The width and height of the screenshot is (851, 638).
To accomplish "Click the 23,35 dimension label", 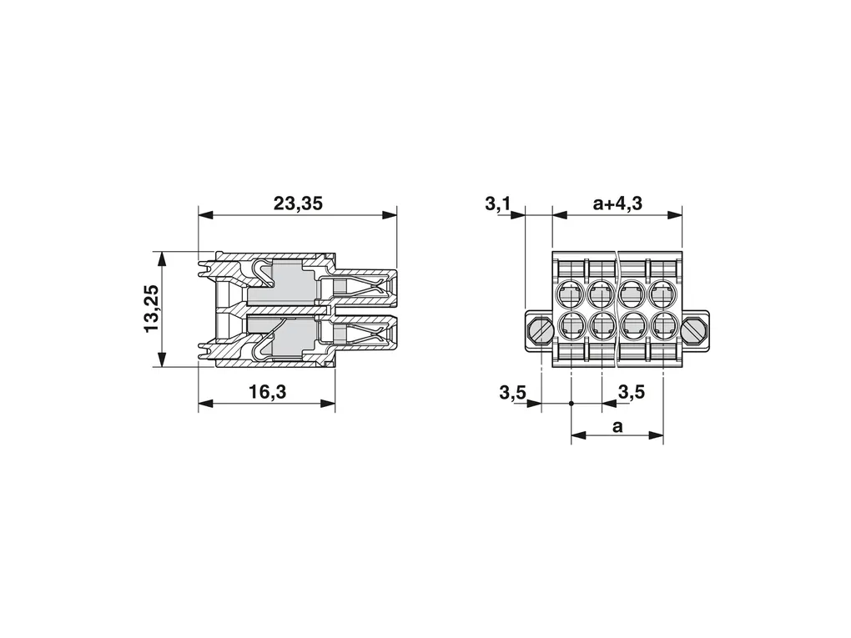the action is (x=297, y=203).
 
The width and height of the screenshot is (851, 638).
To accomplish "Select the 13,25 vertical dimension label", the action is (x=151, y=309).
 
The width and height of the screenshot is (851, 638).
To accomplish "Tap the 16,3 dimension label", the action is (x=268, y=391).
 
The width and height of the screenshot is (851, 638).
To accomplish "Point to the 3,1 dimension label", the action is (x=498, y=204).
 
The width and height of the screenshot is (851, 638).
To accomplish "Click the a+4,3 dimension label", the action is (x=617, y=203).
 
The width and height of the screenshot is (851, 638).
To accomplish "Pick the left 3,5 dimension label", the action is (x=512, y=392).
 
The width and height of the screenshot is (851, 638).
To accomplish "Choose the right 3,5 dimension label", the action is (x=632, y=391).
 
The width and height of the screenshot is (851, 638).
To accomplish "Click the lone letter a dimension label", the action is (x=617, y=427).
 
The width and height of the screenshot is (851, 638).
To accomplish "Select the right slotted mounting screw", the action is (x=694, y=330).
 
